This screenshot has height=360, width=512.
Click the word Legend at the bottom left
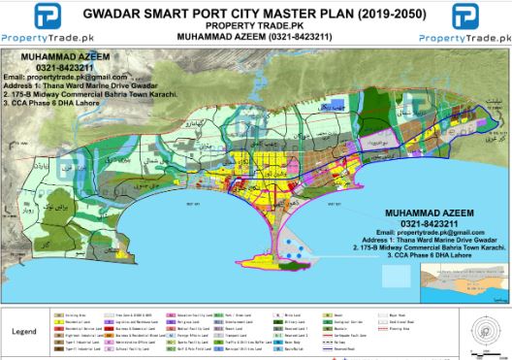point(24,331)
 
